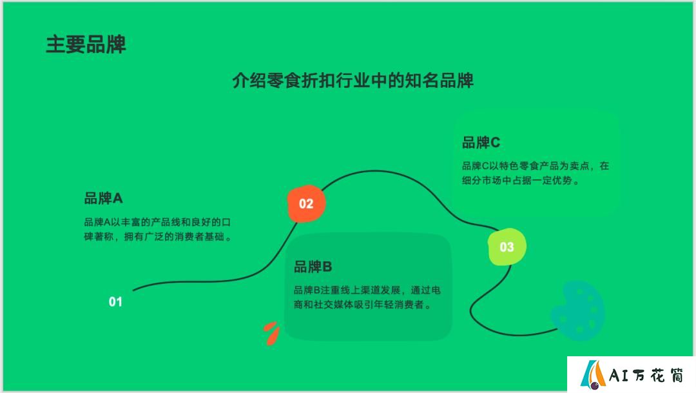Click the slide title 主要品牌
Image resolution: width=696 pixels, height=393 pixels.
pyautogui.click(x=86, y=45)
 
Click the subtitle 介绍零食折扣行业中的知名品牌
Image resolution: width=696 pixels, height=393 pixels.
pyautogui.click(x=353, y=81)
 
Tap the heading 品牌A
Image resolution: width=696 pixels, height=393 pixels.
pyautogui.click(x=103, y=198)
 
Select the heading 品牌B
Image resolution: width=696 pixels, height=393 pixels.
pyautogui.click(x=313, y=267)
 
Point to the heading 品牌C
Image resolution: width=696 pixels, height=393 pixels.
pyautogui.click(x=481, y=142)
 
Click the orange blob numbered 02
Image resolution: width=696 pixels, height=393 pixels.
pyautogui.click(x=306, y=204)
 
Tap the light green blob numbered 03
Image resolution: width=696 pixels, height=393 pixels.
pyautogui.click(x=507, y=247)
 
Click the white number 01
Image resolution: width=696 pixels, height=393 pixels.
pyautogui.click(x=115, y=302)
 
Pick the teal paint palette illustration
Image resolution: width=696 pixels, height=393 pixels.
pyautogui.click(x=578, y=311)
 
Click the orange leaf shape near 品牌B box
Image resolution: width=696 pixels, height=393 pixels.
pyautogui.click(x=271, y=334)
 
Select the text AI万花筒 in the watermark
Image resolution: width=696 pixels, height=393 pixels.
pyautogui.click(x=646, y=375)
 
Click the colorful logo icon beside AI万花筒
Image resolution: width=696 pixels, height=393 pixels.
pyautogui.click(x=593, y=374)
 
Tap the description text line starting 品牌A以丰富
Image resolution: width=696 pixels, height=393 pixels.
pyautogui.click(x=158, y=222)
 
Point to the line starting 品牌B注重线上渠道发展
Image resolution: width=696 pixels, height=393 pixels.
pyautogui.click(x=367, y=290)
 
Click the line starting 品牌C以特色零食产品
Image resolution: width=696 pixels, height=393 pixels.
pyautogui.click(x=536, y=166)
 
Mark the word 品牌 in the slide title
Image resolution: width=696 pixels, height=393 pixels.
pyautogui.click(x=106, y=45)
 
